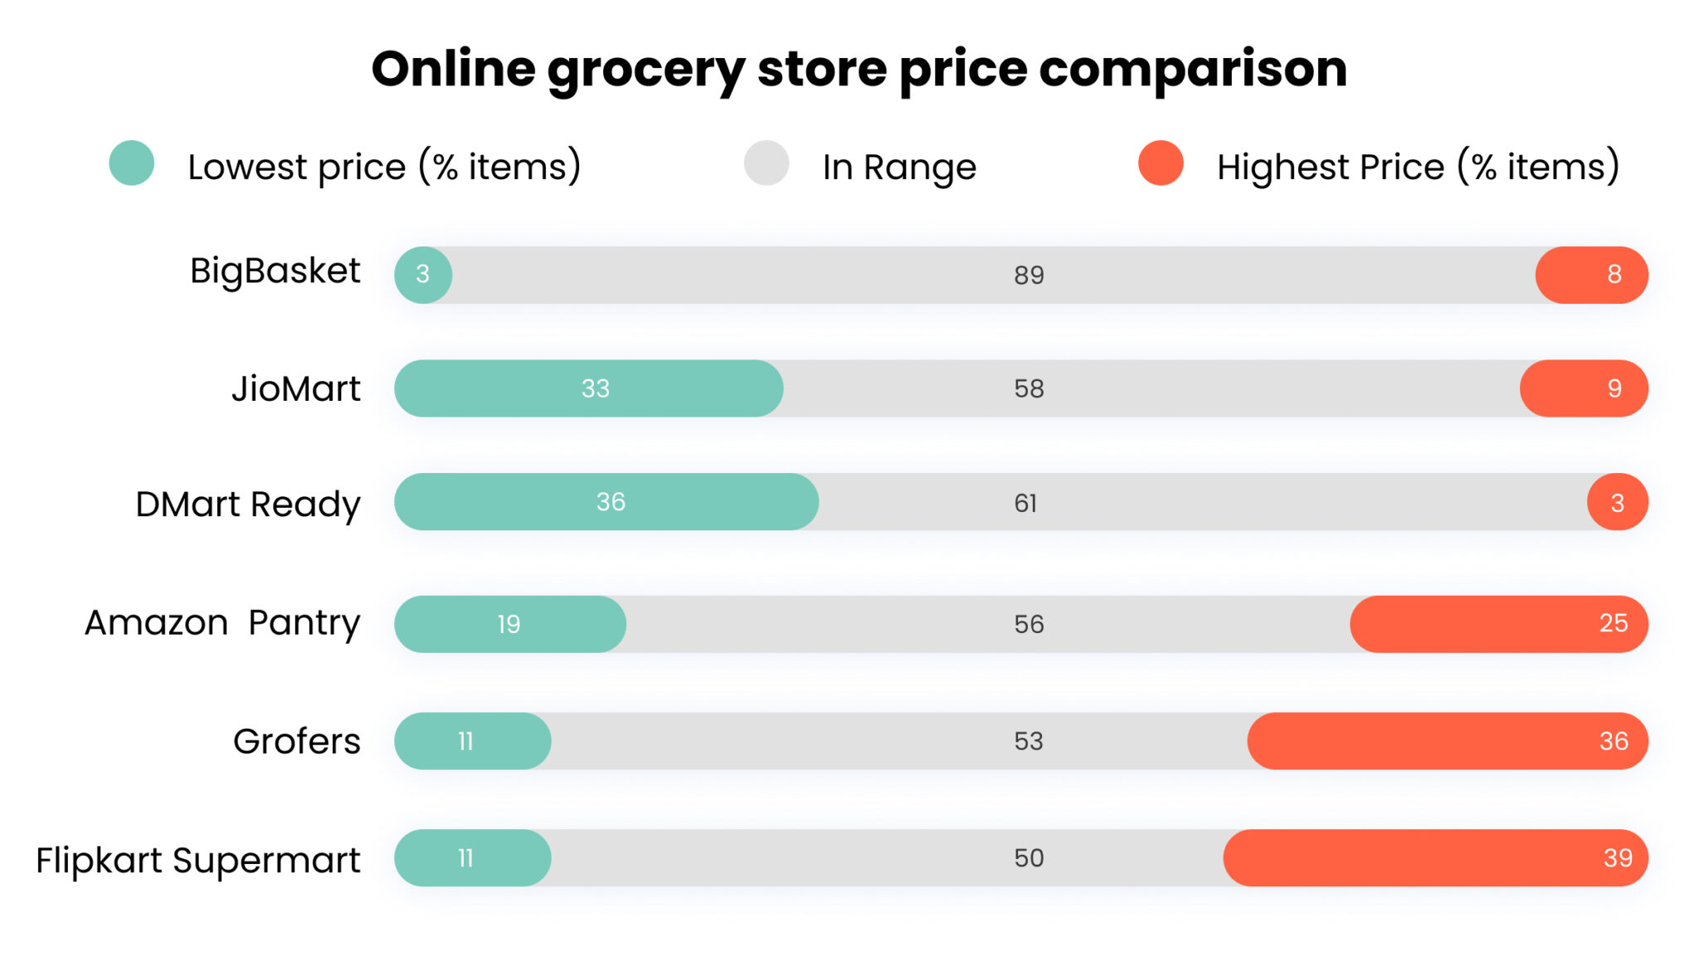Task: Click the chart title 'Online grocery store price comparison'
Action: pyautogui.click(x=859, y=70)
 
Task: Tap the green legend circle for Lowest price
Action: pyautogui.click(x=132, y=163)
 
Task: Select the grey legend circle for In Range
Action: pyautogui.click(x=766, y=163)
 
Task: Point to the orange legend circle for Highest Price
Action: pyautogui.click(x=1161, y=163)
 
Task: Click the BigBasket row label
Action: pyautogui.click(x=275, y=271)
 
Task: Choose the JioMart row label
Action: pyautogui.click(x=295, y=388)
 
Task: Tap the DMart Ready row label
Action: pyautogui.click(x=247, y=504)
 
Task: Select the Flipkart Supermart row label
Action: pyautogui.click(x=197, y=860)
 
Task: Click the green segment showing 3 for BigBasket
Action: pyautogui.click(x=423, y=275)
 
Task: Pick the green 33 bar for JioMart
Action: pyautogui.click(x=588, y=388)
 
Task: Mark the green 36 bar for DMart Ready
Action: pyautogui.click(x=606, y=502)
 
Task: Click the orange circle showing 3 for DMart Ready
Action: pyautogui.click(x=1617, y=502)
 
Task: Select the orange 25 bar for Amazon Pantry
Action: pyautogui.click(x=1498, y=624)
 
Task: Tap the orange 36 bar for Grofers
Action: pyautogui.click(x=1447, y=741)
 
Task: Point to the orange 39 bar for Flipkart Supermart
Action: pyautogui.click(x=1435, y=858)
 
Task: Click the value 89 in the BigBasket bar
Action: pyautogui.click(x=1029, y=276)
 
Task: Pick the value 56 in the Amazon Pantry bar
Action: pyautogui.click(x=1029, y=624)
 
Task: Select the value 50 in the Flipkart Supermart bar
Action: pyautogui.click(x=1029, y=858)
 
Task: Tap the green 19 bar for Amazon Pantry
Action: pyautogui.click(x=509, y=624)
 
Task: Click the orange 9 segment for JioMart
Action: pyautogui.click(x=1583, y=388)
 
